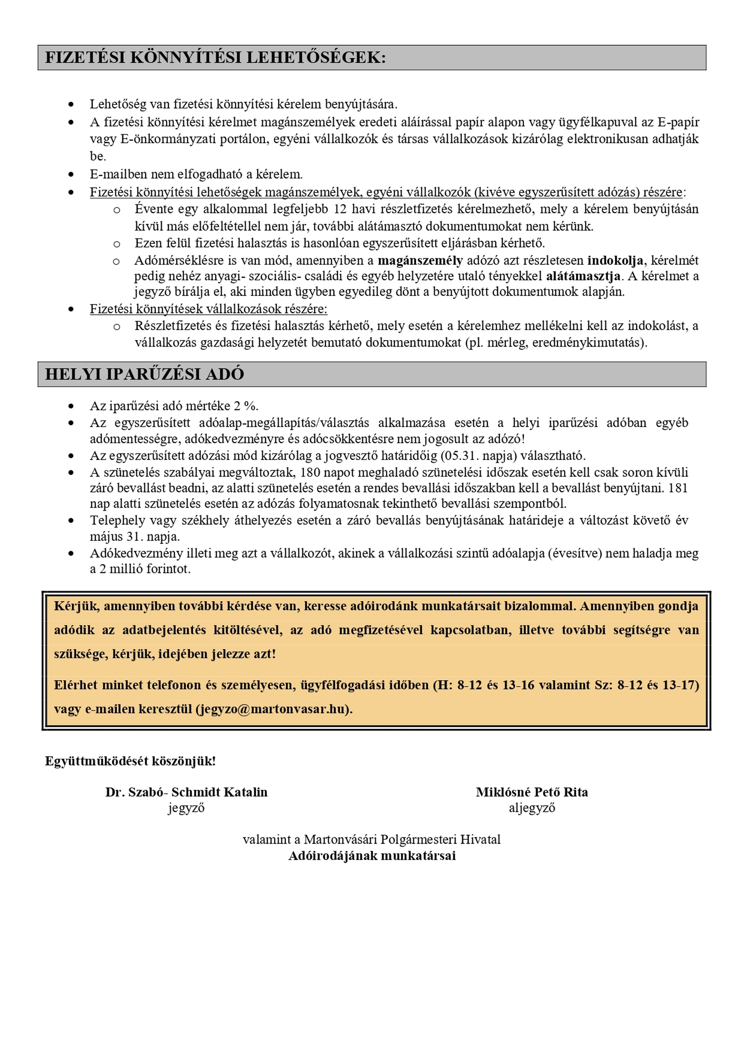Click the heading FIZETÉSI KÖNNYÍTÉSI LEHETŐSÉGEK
(215, 58)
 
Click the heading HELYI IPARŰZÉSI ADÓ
(144, 374)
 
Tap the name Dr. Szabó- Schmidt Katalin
(186, 792)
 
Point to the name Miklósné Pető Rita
(531, 792)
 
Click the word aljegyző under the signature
(531, 808)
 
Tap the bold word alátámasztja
(583, 276)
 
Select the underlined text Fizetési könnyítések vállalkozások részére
(208, 309)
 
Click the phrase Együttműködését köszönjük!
(130, 761)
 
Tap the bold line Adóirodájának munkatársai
(372, 855)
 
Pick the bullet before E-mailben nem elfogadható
(71, 175)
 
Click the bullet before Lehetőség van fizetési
(71, 104)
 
